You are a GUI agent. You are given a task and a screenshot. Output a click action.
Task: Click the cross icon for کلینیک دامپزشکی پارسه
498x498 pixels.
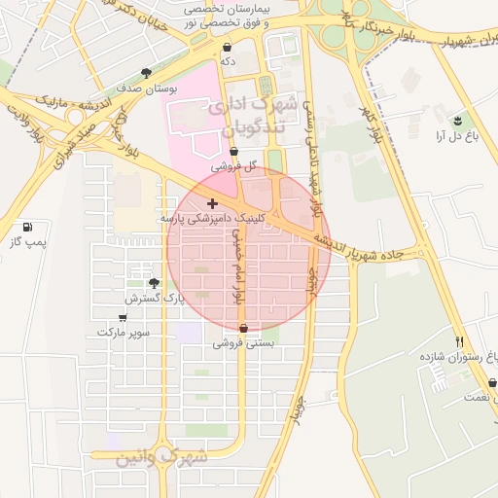[x=213, y=204]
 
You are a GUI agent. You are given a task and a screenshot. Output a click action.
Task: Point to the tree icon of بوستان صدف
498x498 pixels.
[x=147, y=73]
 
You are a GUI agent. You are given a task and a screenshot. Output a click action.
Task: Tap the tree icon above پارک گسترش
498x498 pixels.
[x=154, y=282]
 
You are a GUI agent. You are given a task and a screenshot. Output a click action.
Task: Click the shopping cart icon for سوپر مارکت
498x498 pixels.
[x=123, y=317]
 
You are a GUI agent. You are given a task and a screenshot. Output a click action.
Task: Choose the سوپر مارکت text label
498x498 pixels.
[x=124, y=333]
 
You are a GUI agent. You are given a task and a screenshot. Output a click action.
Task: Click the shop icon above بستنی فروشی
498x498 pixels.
[x=243, y=328]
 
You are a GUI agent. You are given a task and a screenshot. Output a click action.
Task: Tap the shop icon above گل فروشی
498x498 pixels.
[x=234, y=152]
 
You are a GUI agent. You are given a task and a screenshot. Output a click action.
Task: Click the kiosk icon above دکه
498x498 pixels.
[x=228, y=46]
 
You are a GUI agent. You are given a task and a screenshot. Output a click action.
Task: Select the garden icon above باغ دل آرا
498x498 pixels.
[x=457, y=121]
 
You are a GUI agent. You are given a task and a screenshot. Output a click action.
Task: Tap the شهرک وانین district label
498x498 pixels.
[x=161, y=455]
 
